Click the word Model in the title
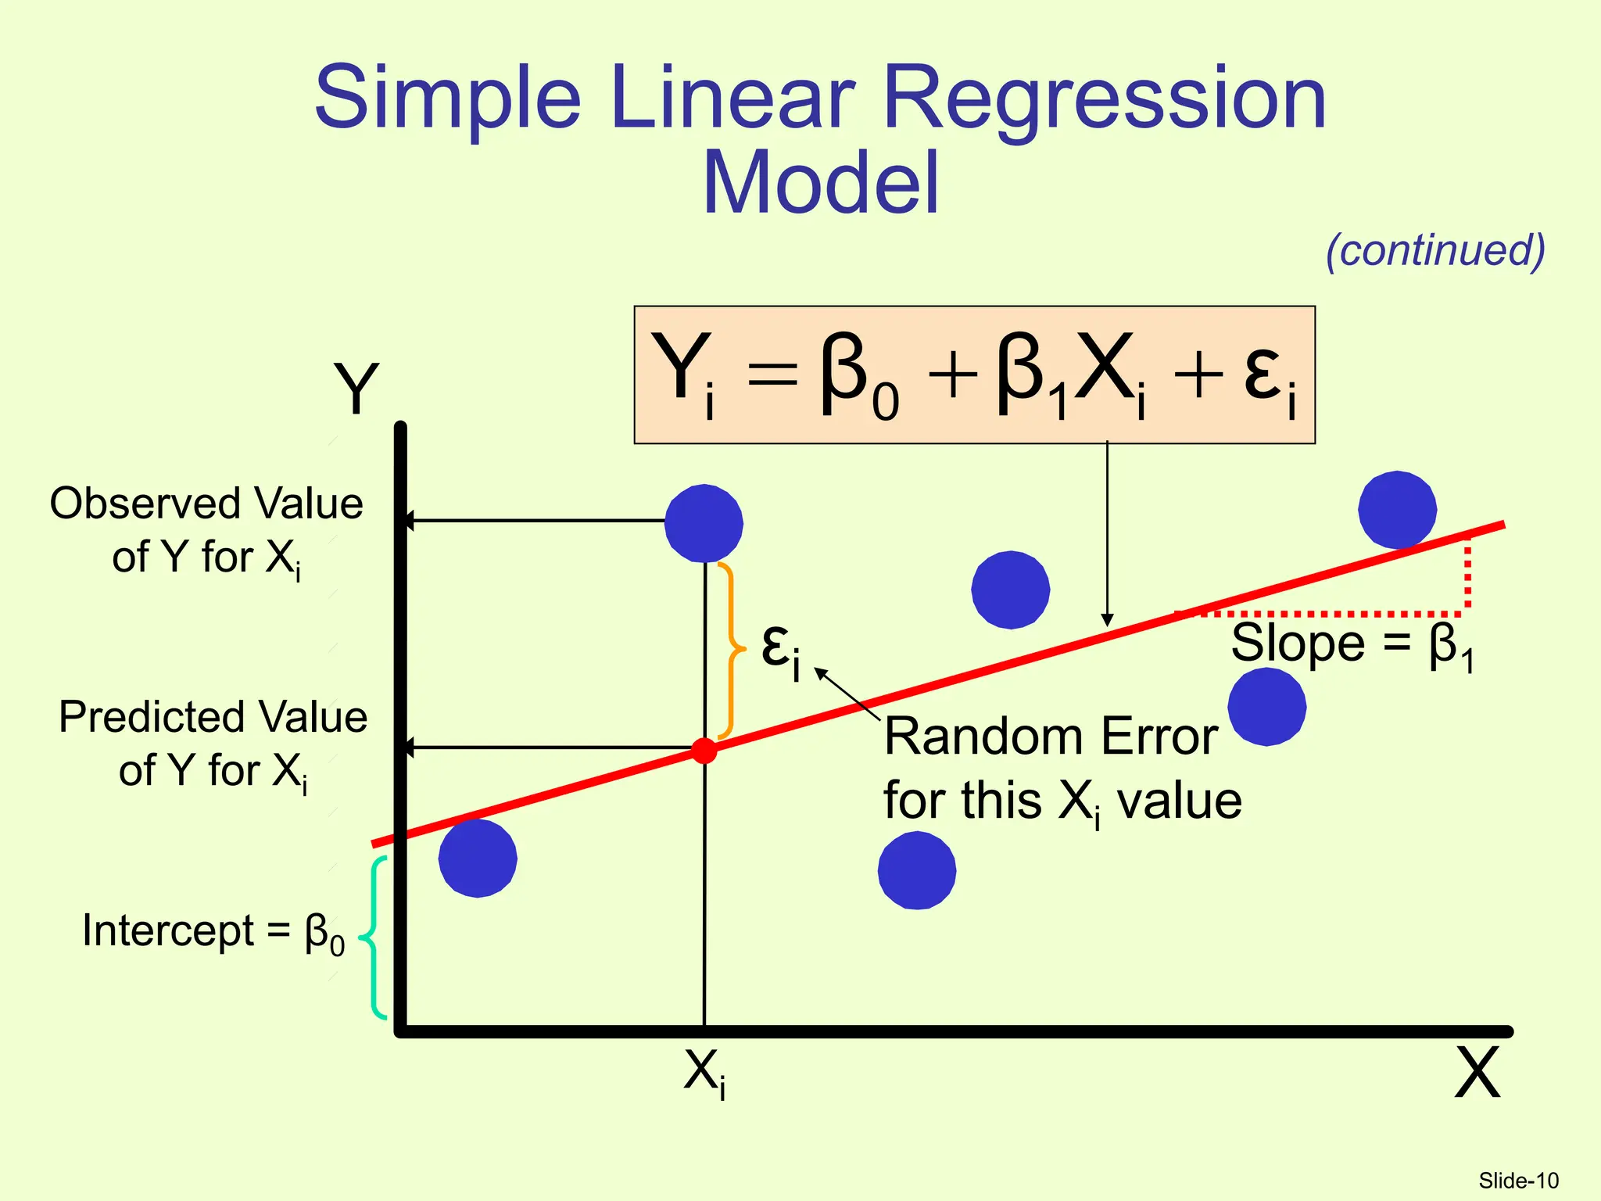tap(820, 184)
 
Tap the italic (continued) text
tap(1435, 250)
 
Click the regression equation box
tap(974, 375)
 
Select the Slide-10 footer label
tap(1518, 1180)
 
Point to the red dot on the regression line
tap(704, 751)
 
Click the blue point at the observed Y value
tap(704, 523)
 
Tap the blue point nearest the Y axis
tap(478, 858)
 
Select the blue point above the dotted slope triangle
tap(1397, 510)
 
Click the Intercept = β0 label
tap(213, 932)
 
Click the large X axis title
tap(1477, 1074)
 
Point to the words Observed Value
tap(206, 504)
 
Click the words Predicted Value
tap(213, 717)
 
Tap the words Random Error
tap(1051, 737)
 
